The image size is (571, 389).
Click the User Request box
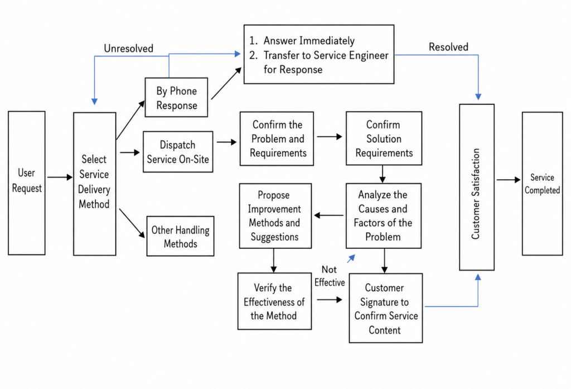pos(27,183)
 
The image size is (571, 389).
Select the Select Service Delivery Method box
pos(95,184)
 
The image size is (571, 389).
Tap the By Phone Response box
pos(176,97)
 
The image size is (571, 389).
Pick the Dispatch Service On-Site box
pos(178,152)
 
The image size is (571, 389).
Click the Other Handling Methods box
pos(180,236)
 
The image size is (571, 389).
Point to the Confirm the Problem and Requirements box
pos(277,138)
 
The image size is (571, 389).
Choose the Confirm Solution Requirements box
pos(384,138)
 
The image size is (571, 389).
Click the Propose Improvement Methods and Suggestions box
pos(275,216)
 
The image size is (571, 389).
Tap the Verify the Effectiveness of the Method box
pos(274,301)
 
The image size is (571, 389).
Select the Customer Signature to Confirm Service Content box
pos(386,308)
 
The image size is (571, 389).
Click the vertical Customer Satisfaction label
pos(476,194)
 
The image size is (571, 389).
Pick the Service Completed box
pos(542,184)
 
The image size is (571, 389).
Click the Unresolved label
pos(129,49)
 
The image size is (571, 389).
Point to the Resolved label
pos(448,47)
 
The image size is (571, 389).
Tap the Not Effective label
pos(330,276)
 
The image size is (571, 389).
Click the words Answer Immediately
pos(309,41)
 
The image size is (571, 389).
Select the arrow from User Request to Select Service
pos(60,177)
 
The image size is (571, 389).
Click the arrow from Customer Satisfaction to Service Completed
pos(509,179)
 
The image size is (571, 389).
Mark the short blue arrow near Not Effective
pos(351,258)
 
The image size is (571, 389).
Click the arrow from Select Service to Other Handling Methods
pos(132,223)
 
